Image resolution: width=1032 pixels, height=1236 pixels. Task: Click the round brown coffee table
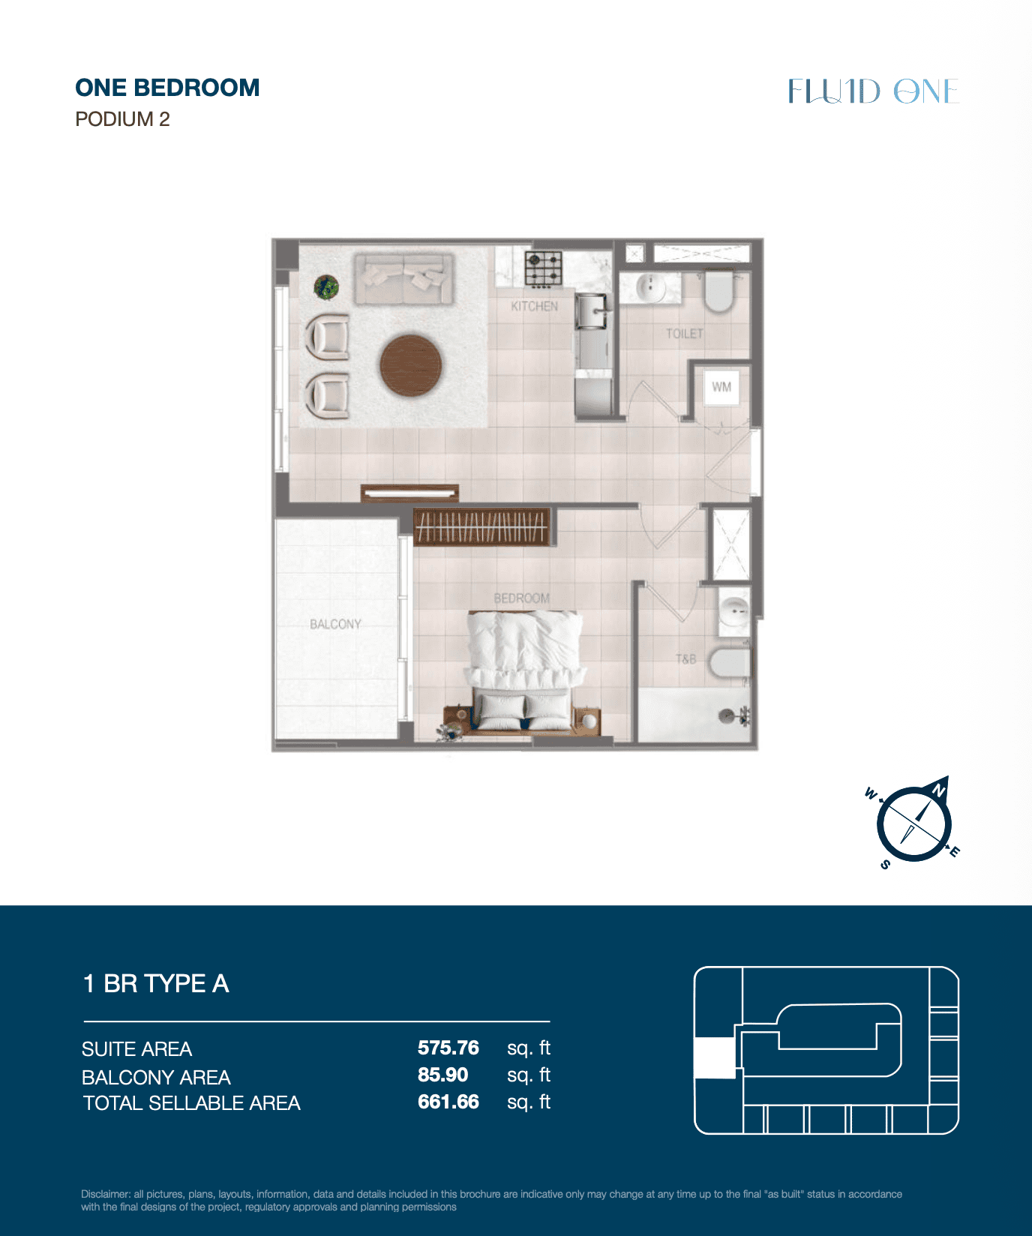tap(410, 365)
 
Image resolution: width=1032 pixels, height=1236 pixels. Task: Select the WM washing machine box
tap(721, 387)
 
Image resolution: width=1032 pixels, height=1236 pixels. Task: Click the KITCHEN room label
tap(535, 306)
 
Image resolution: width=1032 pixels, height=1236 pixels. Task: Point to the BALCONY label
tap(335, 624)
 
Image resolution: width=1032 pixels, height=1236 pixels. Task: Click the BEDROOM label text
tap(522, 598)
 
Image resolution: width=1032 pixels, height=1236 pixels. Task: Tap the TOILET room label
tap(685, 333)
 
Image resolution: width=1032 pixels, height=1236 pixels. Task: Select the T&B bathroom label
tap(686, 659)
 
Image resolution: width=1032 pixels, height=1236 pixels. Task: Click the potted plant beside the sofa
tap(326, 286)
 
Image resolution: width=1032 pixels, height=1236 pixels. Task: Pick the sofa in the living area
tap(404, 279)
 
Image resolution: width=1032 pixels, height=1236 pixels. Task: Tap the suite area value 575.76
tap(448, 1048)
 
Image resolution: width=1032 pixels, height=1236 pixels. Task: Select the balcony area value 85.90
tap(443, 1075)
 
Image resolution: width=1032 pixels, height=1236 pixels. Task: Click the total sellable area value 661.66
tap(448, 1102)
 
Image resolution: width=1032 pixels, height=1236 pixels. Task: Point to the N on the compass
tap(938, 790)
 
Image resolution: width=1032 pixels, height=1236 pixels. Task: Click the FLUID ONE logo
tap(874, 91)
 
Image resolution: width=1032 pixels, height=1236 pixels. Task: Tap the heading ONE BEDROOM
tap(167, 88)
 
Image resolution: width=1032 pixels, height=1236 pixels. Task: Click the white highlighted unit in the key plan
tap(714, 1057)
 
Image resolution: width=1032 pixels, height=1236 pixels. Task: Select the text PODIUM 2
tap(123, 119)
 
